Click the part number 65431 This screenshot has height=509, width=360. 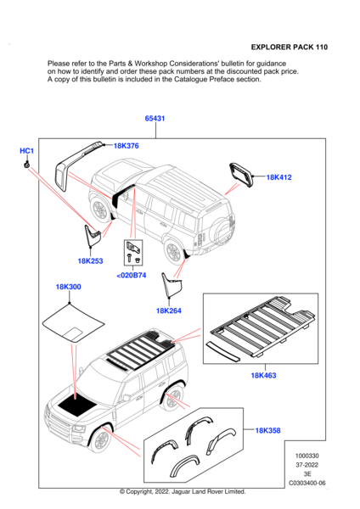click(155, 119)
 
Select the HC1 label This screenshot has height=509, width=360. click(26, 151)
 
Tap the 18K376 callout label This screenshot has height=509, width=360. click(126, 146)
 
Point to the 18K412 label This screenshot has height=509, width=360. click(278, 177)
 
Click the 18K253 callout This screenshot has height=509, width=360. click(90, 261)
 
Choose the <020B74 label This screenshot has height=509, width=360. click(132, 275)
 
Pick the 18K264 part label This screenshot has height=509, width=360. click(169, 310)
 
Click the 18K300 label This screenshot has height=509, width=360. click(68, 287)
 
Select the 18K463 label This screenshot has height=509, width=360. click(263, 376)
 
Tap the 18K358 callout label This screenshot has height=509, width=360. click(267, 430)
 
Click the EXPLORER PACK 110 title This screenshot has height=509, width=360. click(290, 47)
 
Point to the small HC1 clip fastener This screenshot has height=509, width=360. click(26, 165)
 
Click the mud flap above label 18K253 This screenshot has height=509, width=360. click(91, 234)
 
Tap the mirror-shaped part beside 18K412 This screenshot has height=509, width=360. click(241, 176)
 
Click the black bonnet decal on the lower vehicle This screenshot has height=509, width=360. click(76, 405)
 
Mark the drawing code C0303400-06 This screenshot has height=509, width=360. click(307, 483)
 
